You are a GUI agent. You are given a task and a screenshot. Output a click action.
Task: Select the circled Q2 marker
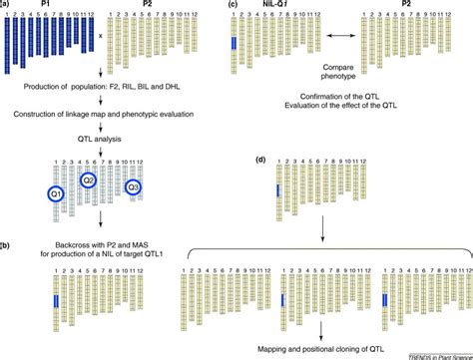pyautogui.click(x=88, y=180)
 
